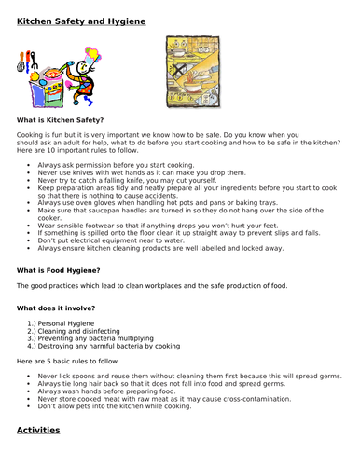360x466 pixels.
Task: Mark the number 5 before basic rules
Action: pos(48,360)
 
